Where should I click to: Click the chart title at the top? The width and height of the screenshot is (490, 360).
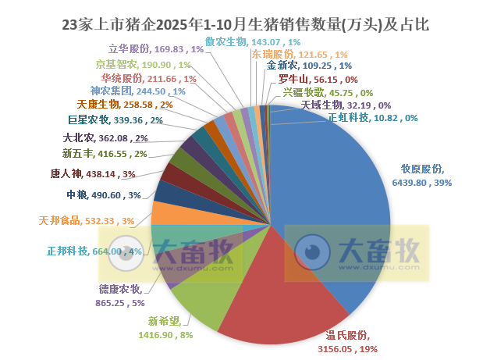[x=245, y=24]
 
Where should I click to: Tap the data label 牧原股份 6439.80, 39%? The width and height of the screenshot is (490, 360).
[x=426, y=176]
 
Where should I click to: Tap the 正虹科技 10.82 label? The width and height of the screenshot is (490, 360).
[x=373, y=118]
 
